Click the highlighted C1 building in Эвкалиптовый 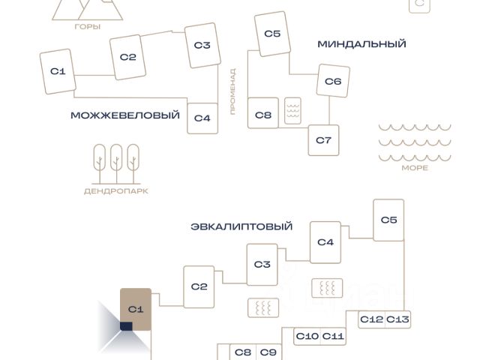coord(136,309)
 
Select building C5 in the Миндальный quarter coord(272,34)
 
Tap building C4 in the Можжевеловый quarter coord(202,118)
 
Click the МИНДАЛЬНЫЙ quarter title coord(361,44)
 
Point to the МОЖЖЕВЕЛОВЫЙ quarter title coord(125,115)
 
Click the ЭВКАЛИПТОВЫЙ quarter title coord(241,226)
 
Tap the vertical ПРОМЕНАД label coord(233,91)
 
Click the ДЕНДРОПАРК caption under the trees coord(116,191)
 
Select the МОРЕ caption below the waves coord(415,168)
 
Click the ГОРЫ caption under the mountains coord(88,27)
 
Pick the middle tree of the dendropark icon coord(116,163)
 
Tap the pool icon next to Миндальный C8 coord(292,111)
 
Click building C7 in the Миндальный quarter coord(323,140)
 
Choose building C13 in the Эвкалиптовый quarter coord(397,319)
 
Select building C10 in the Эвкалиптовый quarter coord(307,337)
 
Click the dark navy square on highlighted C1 coord(126,326)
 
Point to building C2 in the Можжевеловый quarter coord(127,57)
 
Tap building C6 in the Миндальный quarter coord(333,81)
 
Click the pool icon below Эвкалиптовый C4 coord(327,288)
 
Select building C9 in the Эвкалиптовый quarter coord(268,352)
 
